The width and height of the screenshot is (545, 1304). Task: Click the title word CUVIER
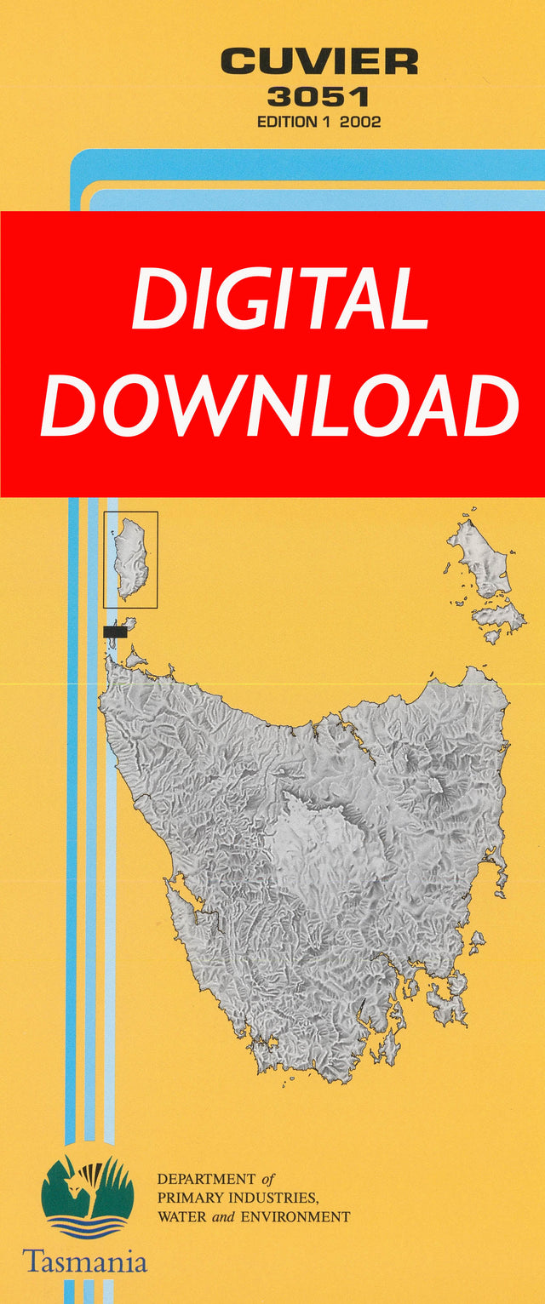[319, 61]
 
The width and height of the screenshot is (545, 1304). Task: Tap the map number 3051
[318, 97]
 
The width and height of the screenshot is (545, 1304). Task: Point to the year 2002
[360, 122]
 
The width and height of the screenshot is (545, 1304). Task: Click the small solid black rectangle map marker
[114, 632]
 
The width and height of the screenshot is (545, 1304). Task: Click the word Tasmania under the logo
[84, 1261]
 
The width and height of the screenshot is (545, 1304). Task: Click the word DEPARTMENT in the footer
[206, 1180]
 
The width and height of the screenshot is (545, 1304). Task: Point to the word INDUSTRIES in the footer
[269, 1198]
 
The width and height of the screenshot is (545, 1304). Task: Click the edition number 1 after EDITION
[326, 122]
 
